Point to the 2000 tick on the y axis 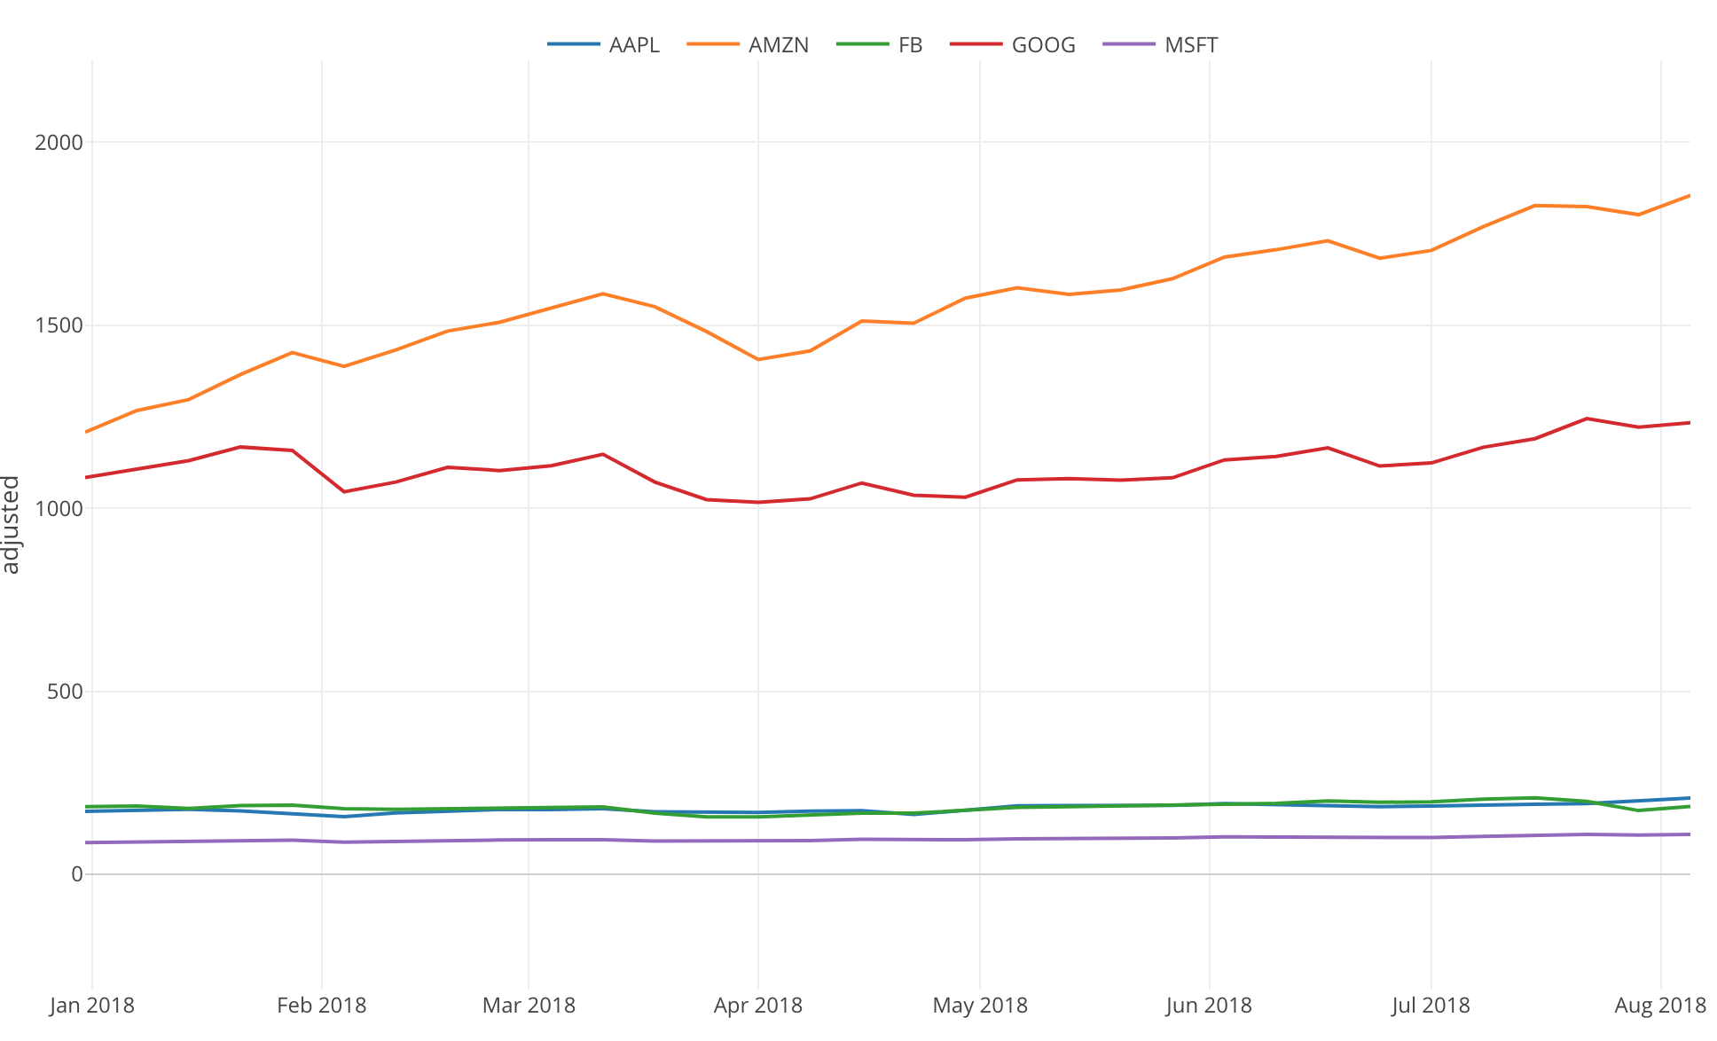point(59,143)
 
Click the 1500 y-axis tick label point(59,325)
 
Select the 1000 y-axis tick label point(59,509)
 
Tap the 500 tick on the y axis point(64,692)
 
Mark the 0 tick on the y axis point(76,875)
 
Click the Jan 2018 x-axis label point(92,1006)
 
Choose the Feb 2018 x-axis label point(321,1006)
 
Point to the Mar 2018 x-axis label point(529,1006)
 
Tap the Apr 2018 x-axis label point(757,1006)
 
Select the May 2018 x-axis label point(979,1006)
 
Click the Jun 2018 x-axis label point(1208,1006)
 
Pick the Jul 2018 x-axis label point(1430,1006)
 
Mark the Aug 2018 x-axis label point(1659,1006)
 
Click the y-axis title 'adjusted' point(12,525)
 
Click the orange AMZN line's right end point point(1689,195)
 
